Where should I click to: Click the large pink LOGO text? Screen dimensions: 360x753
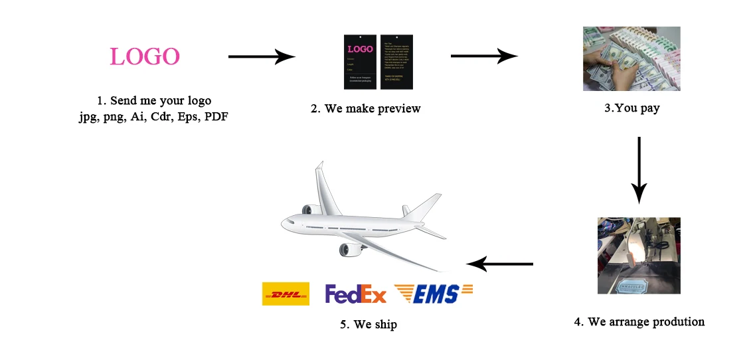145,56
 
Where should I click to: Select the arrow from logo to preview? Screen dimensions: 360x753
261,57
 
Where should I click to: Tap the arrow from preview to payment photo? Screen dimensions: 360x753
483,56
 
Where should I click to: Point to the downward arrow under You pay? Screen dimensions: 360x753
638,169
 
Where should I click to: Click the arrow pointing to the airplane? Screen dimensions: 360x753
499,264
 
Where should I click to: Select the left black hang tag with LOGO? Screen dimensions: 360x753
361,61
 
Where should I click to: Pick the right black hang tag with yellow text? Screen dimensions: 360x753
396,61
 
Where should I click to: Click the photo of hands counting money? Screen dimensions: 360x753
631,58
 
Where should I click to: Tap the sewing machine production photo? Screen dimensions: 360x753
638,255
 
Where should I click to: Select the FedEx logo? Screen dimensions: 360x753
355,294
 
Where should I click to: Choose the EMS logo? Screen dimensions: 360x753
433,294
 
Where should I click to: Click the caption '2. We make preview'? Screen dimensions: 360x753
365,108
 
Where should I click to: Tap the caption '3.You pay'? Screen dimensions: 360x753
631,108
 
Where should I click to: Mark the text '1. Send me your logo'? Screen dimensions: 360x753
153,101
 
